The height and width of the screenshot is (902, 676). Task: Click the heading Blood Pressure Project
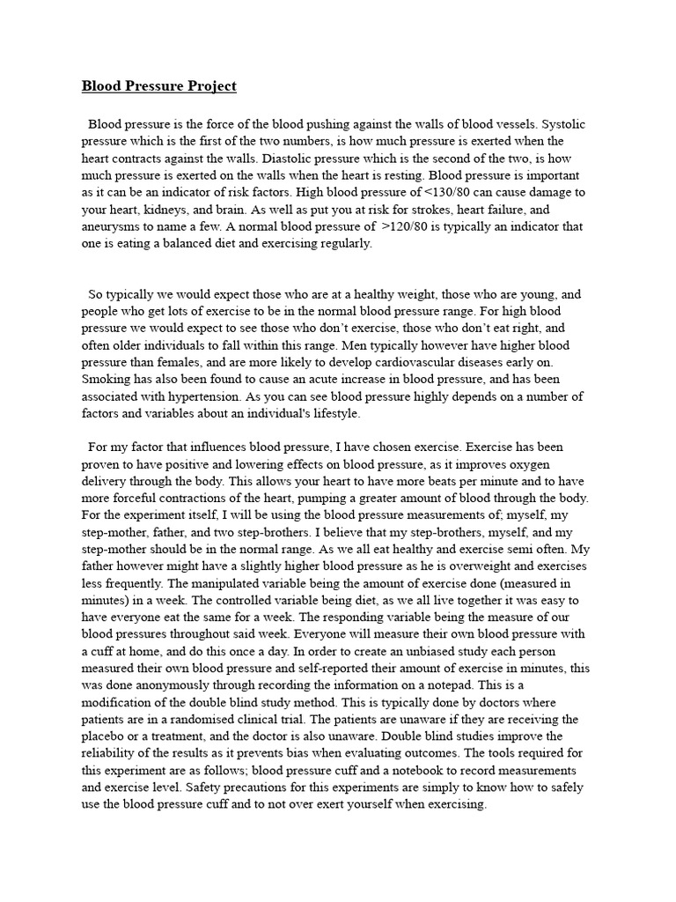pyautogui.click(x=159, y=86)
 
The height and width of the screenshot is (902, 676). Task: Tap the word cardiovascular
pyautogui.click(x=438, y=362)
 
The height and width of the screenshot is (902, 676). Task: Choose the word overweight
pyautogui.click(x=452, y=566)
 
